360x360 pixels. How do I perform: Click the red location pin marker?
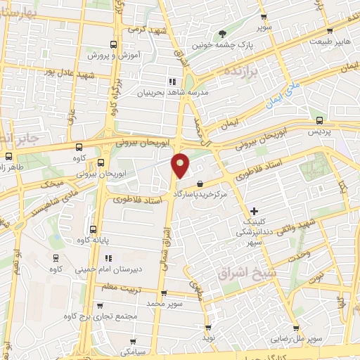pyautogui.click(x=181, y=165)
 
